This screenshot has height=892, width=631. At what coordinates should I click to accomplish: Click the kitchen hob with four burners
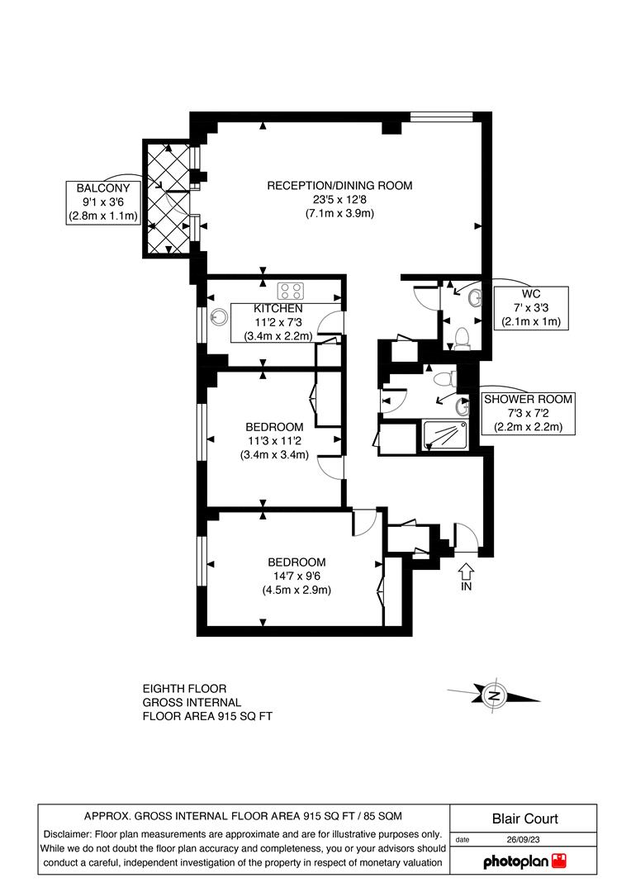pos(292,290)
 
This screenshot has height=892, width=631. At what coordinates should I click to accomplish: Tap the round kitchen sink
pos(219,315)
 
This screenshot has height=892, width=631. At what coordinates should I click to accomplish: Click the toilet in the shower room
pos(445,377)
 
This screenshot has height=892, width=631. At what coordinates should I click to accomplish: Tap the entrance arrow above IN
pos(466,569)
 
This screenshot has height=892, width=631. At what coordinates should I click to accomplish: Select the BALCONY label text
pos(103,187)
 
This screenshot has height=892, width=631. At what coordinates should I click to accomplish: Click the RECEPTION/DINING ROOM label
pos(339,185)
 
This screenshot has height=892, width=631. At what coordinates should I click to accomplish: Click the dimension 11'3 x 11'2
pos(274,440)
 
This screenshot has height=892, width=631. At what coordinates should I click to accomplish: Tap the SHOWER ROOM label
pos(528,399)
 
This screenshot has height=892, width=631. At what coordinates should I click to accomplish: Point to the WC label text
pos(530,294)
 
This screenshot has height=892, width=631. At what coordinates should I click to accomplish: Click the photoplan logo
pos(526,861)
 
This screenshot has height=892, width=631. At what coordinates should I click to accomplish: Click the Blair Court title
pos(524,818)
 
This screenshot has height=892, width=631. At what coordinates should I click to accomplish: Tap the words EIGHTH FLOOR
pos(184,688)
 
